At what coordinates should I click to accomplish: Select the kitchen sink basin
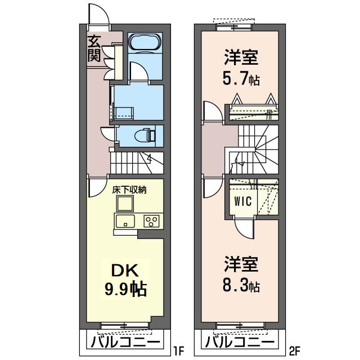(124, 220)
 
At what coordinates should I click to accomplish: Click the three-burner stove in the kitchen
(151, 220)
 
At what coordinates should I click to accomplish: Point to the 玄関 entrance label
(93, 48)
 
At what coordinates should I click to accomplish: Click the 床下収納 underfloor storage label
(129, 190)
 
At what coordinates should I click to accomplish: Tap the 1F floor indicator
(178, 353)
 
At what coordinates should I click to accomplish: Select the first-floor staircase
(137, 163)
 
